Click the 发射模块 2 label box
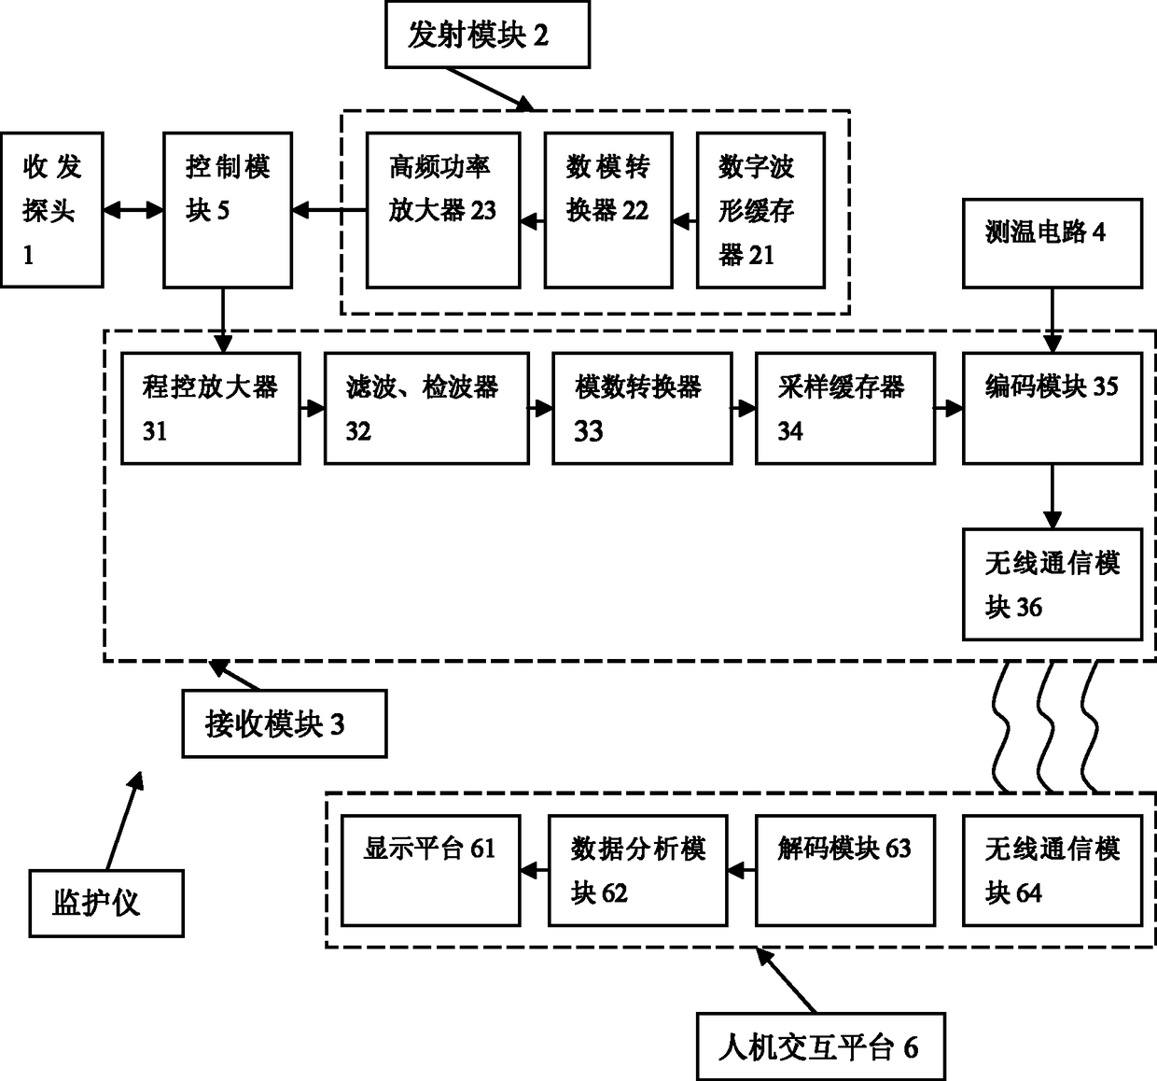(488, 35)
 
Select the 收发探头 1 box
(52, 210)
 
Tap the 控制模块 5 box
(228, 210)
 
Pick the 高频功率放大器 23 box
(443, 210)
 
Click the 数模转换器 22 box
(608, 210)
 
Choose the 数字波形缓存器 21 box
(760, 210)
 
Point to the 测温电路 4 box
(1052, 243)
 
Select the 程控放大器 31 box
(211, 408)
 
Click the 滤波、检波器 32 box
(426, 408)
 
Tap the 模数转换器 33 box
(642, 408)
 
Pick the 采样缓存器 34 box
(845, 408)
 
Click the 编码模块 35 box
(1052, 408)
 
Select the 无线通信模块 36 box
(1052, 584)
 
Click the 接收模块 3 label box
(285, 723)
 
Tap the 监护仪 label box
(106, 903)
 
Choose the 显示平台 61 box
(430, 870)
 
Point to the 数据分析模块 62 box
(638, 870)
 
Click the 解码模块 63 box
(845, 870)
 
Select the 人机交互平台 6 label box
(821, 1046)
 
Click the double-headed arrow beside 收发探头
(133, 210)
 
